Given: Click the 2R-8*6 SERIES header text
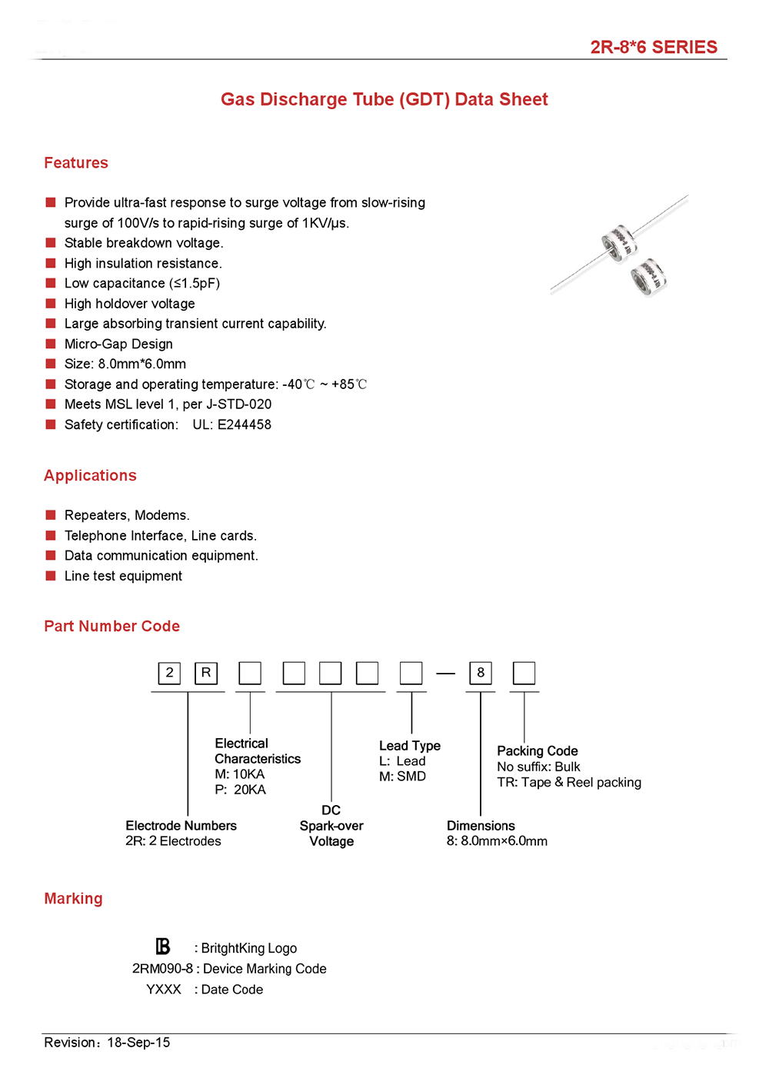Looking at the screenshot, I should click(x=653, y=47).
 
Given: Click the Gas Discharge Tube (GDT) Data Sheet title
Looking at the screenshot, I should click(x=384, y=99).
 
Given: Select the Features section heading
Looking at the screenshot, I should click(x=76, y=163).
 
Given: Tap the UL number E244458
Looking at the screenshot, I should click(x=244, y=424).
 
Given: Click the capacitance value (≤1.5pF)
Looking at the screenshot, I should click(x=195, y=284).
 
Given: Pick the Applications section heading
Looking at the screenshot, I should click(x=90, y=476).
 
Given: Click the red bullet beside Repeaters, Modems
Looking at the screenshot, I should click(x=51, y=515).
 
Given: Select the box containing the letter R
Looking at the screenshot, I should click(x=206, y=673).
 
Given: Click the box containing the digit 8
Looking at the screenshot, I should click(x=481, y=673).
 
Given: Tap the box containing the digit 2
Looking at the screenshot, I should click(x=170, y=673).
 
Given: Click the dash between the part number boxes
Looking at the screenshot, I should click(x=446, y=674).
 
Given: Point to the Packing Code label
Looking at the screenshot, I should click(x=537, y=751).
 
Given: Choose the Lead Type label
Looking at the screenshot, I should click(x=409, y=746).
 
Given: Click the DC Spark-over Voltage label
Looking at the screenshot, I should click(x=331, y=826).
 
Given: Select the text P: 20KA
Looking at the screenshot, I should click(x=240, y=790).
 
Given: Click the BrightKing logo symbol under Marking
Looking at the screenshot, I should click(x=162, y=947).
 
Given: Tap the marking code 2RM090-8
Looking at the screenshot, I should click(x=162, y=969).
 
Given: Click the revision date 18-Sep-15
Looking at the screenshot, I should click(x=138, y=1043).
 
